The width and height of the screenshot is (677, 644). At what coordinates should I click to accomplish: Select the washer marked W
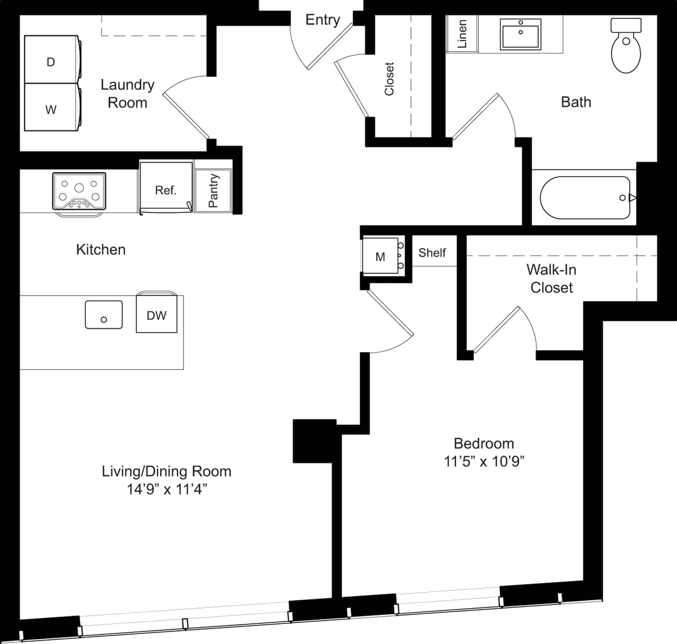tap(51, 108)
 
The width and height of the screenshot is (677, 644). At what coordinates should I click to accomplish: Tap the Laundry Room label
tap(127, 93)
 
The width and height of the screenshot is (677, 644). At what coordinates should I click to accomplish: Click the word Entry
tap(322, 20)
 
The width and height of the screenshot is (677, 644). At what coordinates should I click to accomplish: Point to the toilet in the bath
tap(626, 47)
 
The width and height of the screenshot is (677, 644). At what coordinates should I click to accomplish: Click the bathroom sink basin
tap(520, 35)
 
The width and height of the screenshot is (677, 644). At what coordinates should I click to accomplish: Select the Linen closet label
tap(462, 34)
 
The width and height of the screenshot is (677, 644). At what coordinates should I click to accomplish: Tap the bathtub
tap(585, 198)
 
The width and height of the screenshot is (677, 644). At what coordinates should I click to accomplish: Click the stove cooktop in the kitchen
tap(79, 191)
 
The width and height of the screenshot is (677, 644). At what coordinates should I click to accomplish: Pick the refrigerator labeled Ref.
tap(166, 188)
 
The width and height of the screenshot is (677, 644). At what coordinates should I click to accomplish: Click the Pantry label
tap(213, 190)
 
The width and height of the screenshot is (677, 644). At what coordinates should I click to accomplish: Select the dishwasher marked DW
tap(157, 315)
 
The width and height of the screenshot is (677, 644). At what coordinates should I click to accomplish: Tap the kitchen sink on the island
tap(104, 315)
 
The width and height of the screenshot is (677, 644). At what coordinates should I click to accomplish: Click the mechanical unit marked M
tap(380, 256)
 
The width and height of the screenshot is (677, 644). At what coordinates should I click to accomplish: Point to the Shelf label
tap(432, 253)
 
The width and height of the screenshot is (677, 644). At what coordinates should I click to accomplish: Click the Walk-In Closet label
tap(551, 278)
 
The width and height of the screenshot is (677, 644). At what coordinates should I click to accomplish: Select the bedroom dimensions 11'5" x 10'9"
tap(484, 462)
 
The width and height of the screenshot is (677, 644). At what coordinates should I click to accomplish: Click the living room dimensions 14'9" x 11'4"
tap(166, 489)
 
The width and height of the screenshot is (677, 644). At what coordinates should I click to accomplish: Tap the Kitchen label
tap(100, 249)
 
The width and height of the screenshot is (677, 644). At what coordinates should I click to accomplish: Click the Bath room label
tap(575, 102)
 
